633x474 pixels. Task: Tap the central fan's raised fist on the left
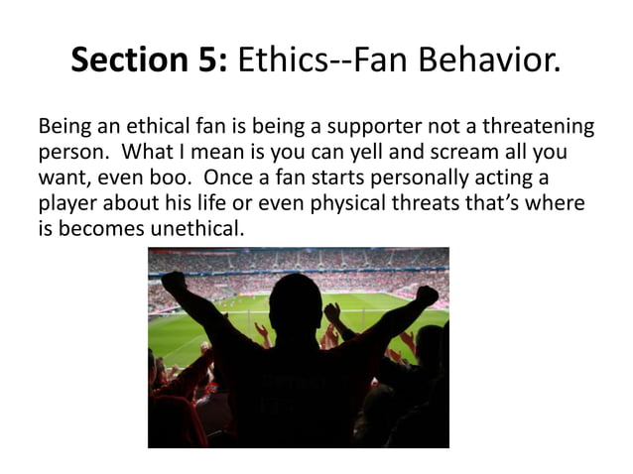tap(175, 284)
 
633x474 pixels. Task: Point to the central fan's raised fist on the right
tap(427, 295)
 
